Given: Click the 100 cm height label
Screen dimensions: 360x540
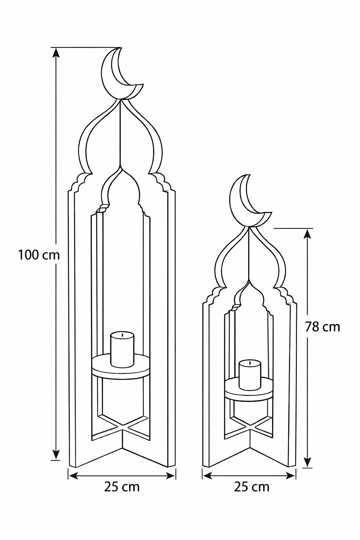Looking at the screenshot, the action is tap(39, 255).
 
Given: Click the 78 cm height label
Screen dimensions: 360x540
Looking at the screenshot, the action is tap(322, 327).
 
